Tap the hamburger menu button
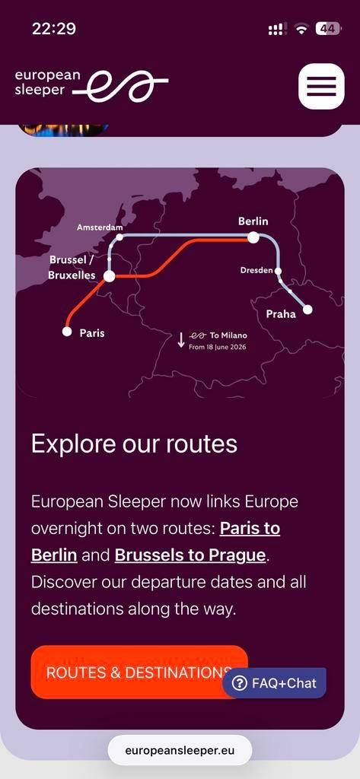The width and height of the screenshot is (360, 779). tap(321, 86)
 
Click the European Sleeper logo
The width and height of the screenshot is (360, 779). tap(91, 85)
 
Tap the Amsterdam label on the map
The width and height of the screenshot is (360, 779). tap(100, 227)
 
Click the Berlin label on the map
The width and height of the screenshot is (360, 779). tap(253, 221)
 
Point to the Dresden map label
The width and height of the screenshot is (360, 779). tap(256, 270)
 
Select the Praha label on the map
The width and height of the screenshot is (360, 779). tap(281, 314)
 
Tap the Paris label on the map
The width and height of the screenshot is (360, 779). tap(92, 333)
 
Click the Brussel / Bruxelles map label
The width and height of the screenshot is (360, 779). tap(72, 268)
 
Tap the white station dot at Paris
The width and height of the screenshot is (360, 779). tap(67, 331)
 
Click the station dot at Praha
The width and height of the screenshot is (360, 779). tap(307, 309)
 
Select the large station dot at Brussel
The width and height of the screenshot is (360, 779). tap(110, 276)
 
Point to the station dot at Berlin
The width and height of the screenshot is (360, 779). tap(253, 237)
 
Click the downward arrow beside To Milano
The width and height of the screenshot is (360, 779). tap(181, 339)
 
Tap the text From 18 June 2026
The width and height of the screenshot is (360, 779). tap(217, 347)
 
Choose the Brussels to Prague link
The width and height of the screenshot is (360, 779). tap(190, 555)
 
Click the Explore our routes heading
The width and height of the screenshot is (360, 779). tap(134, 444)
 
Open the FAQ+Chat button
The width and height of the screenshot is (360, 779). tap(274, 683)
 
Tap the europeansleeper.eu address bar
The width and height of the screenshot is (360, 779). tap(180, 750)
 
